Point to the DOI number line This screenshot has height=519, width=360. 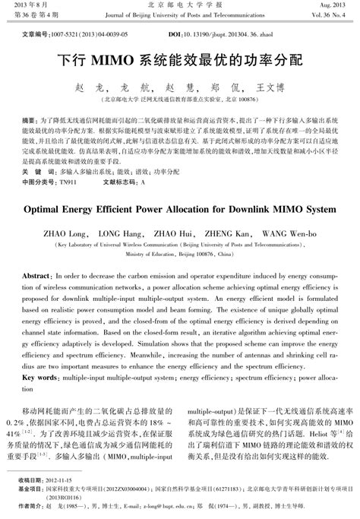click(219, 35)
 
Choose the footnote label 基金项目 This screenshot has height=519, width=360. click(32, 491)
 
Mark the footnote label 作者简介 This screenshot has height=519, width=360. click(32, 506)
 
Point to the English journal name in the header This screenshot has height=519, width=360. click(179, 14)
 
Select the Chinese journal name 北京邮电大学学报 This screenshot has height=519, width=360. click(179, 5)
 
